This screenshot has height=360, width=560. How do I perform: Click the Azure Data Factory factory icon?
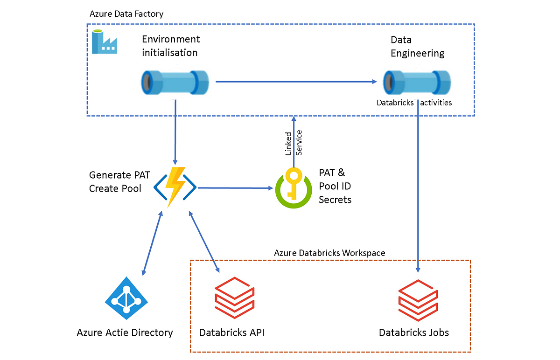[105, 42]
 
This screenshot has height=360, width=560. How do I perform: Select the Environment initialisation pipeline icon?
[175, 83]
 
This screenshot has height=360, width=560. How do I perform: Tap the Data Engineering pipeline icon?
[417, 82]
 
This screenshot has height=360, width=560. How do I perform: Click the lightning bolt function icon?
[175, 188]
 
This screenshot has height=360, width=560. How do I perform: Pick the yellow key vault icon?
[293, 188]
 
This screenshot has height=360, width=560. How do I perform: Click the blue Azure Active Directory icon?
[125, 298]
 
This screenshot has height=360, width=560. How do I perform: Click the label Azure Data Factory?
[126, 14]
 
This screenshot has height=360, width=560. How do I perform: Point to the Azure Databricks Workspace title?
[329, 253]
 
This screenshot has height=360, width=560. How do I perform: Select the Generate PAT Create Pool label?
[117, 182]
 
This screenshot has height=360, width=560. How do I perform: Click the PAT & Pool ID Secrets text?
[335, 186]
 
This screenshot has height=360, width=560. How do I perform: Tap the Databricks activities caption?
[414, 103]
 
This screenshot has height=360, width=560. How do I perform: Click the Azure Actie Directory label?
[125, 332]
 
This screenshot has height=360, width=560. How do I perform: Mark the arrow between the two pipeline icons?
[296, 82]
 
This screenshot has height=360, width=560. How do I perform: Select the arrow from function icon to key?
[236, 188]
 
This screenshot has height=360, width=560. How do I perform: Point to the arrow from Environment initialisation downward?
[175, 131]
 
